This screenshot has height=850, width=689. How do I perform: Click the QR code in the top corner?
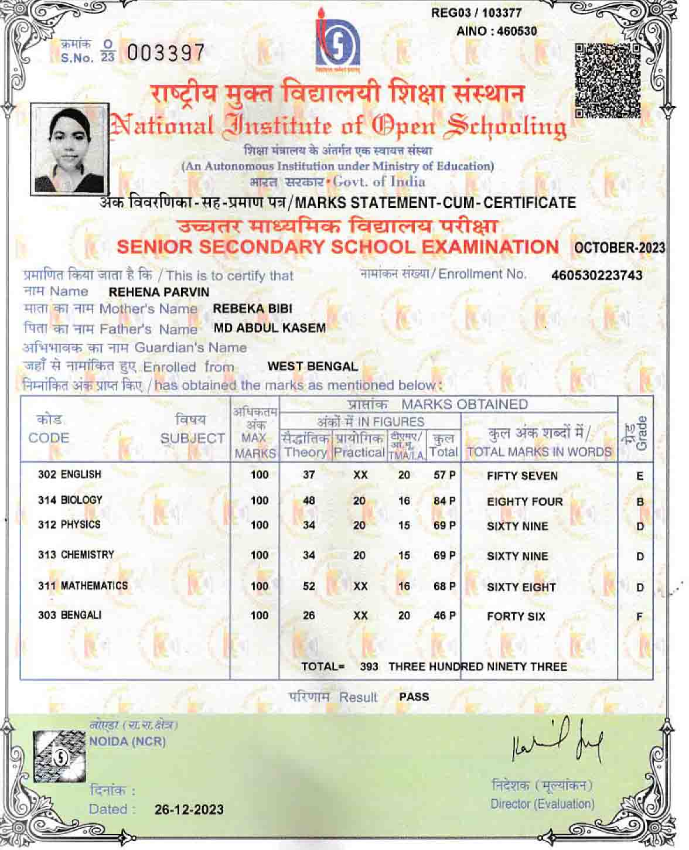[x=608, y=80]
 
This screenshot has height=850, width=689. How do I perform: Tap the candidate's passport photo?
[x=69, y=149]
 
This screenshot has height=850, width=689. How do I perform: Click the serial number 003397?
[x=166, y=53]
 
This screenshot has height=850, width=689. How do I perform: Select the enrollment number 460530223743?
[x=596, y=275]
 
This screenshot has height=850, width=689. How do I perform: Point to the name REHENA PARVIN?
[x=159, y=292]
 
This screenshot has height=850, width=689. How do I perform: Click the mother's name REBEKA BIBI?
[x=252, y=309]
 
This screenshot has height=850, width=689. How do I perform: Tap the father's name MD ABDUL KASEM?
[x=270, y=328]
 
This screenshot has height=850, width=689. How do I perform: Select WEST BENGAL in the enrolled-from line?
[x=312, y=367]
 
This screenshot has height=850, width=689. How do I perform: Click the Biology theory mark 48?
[x=309, y=501]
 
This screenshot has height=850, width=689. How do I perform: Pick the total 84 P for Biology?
[x=444, y=501]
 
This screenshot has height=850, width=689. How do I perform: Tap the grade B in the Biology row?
[x=640, y=502]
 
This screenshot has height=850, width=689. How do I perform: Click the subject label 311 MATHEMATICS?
[x=83, y=585]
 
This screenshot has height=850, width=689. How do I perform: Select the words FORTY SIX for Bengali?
[x=516, y=616]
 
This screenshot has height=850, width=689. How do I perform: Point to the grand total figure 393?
[x=369, y=667]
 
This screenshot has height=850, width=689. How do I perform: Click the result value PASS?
[x=414, y=697]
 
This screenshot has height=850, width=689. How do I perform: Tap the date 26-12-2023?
[x=189, y=810]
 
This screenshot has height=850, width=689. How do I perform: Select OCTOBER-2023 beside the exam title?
[x=619, y=248]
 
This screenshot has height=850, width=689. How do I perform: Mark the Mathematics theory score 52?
[x=309, y=586]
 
